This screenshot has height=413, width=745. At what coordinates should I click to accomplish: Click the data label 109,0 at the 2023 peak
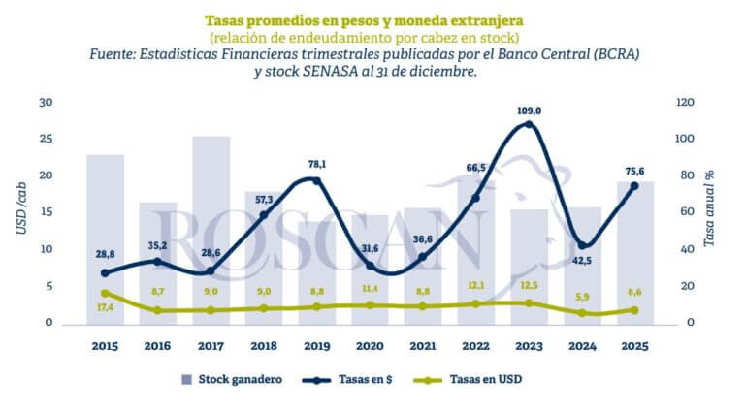tap(529, 111)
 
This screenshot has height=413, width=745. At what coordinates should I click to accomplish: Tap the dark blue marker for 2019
tap(316, 181)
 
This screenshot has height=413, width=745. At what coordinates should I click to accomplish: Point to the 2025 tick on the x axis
tap(635, 345)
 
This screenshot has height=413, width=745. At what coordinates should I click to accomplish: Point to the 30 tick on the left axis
tap(46, 103)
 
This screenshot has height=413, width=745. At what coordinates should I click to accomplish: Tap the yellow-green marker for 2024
tap(582, 313)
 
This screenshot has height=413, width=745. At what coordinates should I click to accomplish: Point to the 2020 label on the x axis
tap(370, 345)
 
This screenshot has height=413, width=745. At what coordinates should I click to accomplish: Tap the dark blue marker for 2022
tap(475, 198)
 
